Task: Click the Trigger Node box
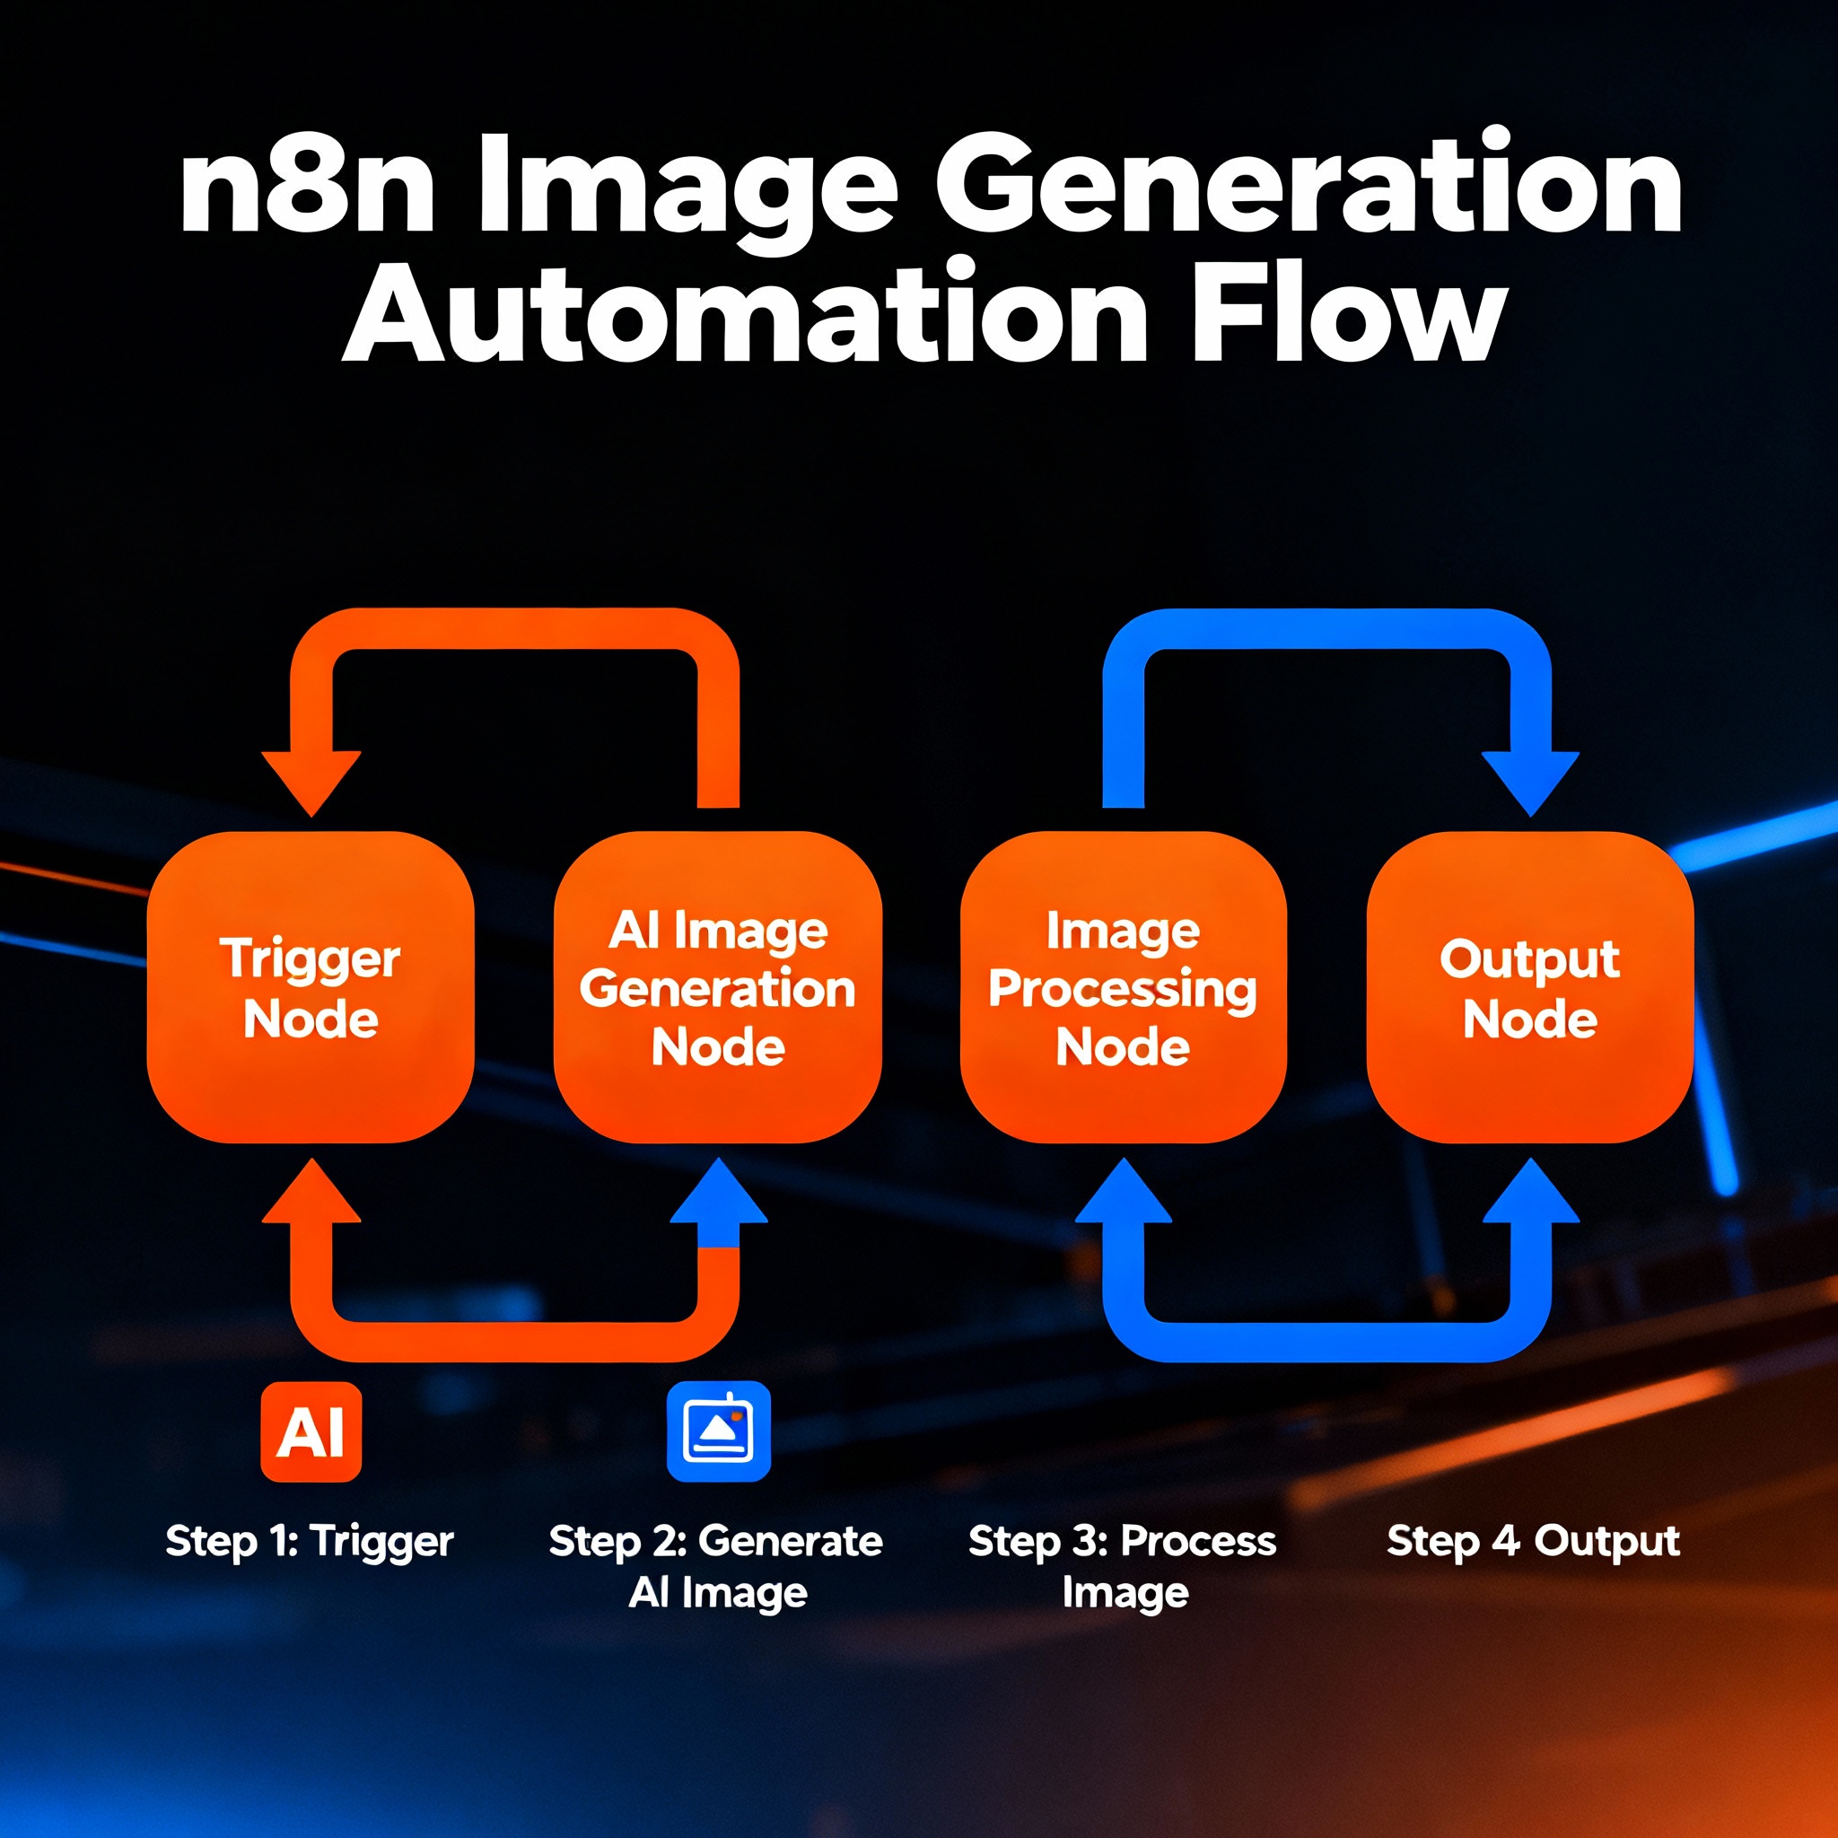pyautogui.click(x=311, y=987)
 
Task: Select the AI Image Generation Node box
pyautogui.click(x=717, y=987)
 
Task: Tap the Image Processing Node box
pyautogui.click(x=1123, y=987)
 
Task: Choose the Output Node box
pyautogui.click(x=1530, y=987)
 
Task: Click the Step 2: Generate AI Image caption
pyautogui.click(x=716, y=1566)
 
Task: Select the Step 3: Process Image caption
pyautogui.click(x=1123, y=1566)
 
